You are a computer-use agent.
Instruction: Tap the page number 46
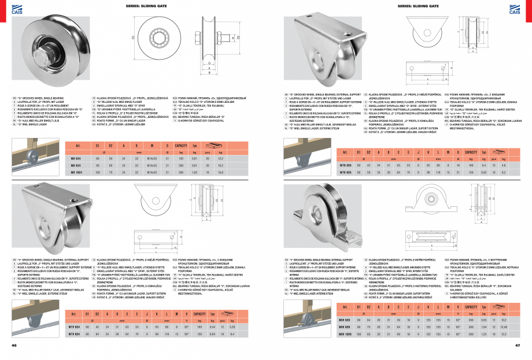[13, 346]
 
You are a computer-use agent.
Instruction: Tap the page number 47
[518, 346]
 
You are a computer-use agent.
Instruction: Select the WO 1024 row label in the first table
[76, 173]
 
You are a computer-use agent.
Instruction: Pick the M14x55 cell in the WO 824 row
[151, 158]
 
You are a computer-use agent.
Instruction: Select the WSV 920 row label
[345, 326]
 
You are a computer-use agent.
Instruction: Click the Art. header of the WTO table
[345, 152]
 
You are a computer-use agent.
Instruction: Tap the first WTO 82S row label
[345, 165]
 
